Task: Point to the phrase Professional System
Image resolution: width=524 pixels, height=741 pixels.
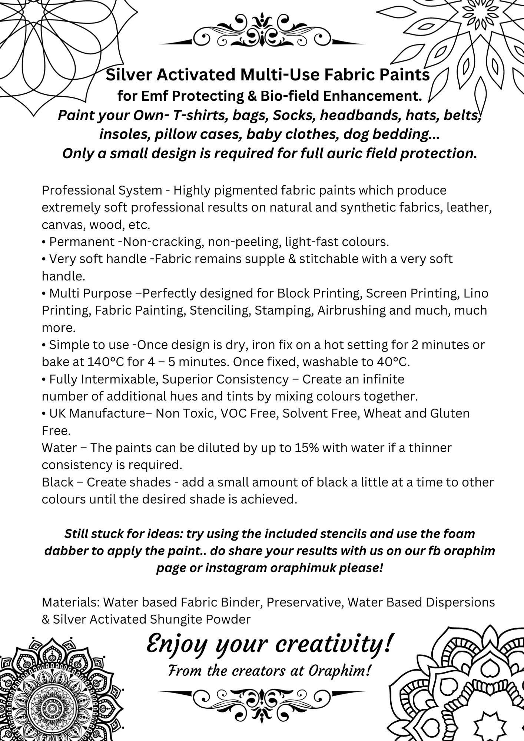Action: pos(102,190)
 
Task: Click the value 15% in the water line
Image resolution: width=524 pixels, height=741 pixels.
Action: pos(306,448)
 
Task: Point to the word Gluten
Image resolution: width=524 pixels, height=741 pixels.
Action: pos(450,413)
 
